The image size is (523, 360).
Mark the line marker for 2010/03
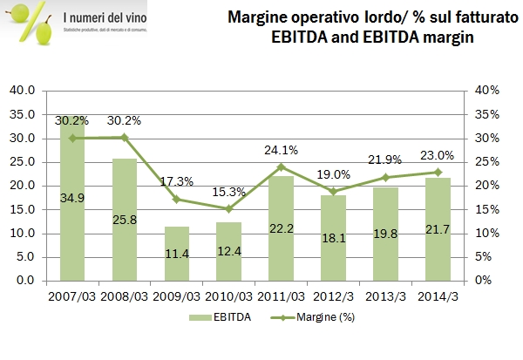229,208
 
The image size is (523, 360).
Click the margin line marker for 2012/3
334,191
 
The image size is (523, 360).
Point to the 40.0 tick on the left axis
21,91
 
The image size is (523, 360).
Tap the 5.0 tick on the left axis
24,257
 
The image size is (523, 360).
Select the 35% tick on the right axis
485,114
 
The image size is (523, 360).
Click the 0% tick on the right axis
482,282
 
